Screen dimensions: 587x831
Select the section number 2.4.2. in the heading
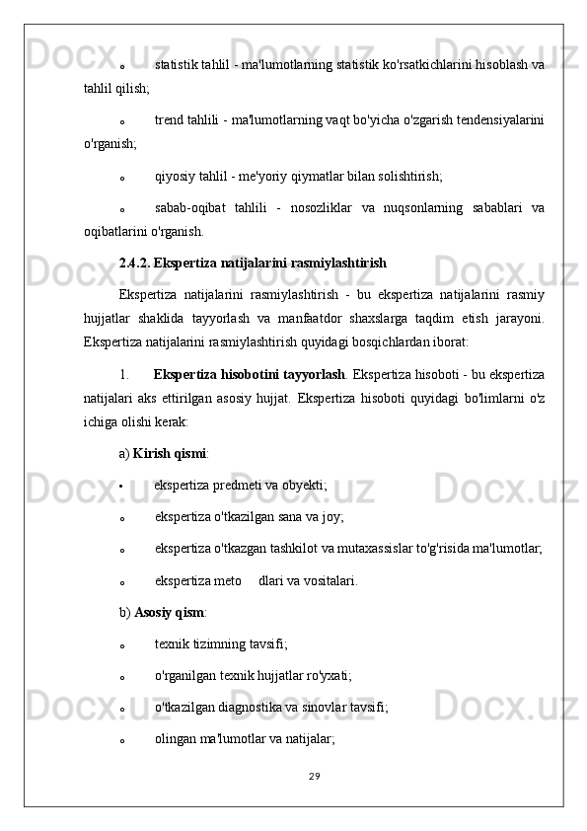tap(134, 264)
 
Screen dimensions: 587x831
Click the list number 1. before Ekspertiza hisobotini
tap(124, 374)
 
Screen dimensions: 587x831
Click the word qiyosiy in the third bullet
tap(175, 177)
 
